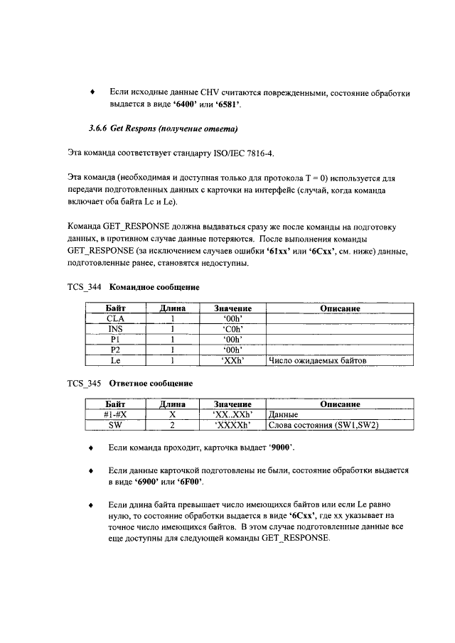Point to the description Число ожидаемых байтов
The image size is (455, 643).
tap(317, 360)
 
